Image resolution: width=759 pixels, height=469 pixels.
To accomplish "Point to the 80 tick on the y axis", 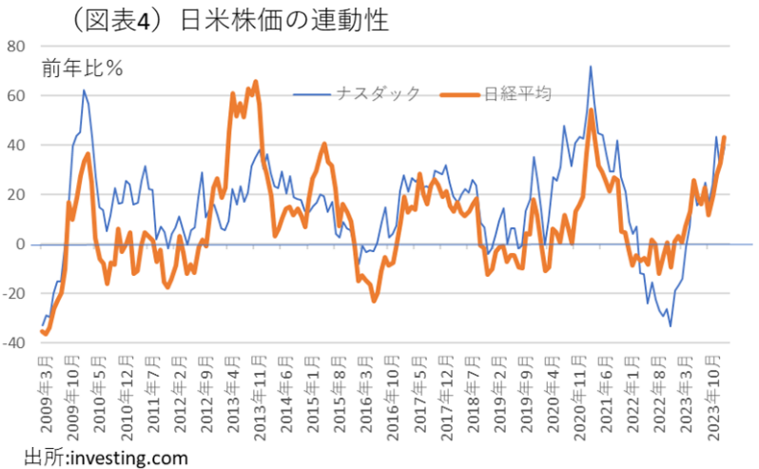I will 14,46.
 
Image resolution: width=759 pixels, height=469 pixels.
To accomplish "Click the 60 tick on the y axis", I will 14,95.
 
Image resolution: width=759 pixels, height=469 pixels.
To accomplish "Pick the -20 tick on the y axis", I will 12,294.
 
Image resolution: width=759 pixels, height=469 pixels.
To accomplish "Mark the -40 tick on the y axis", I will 12,343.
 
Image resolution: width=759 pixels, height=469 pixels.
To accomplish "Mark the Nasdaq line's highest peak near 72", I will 591,67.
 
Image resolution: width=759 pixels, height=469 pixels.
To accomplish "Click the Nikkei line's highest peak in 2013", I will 256,82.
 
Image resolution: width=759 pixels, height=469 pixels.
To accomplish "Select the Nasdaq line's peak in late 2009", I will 84,90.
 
